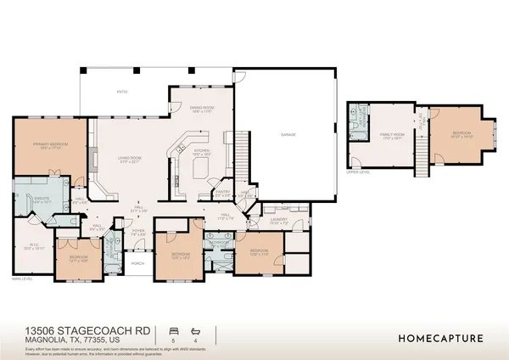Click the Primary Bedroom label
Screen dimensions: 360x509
pyautogui.click(x=50, y=146)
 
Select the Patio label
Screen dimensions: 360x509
pyautogui.click(x=123, y=91)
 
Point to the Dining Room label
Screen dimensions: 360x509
pyautogui.click(x=200, y=110)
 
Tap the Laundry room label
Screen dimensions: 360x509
pyautogui.click(x=279, y=219)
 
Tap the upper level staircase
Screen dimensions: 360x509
pyautogui.click(x=418, y=153)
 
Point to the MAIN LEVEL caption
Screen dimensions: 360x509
pyautogui.click(x=21, y=279)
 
